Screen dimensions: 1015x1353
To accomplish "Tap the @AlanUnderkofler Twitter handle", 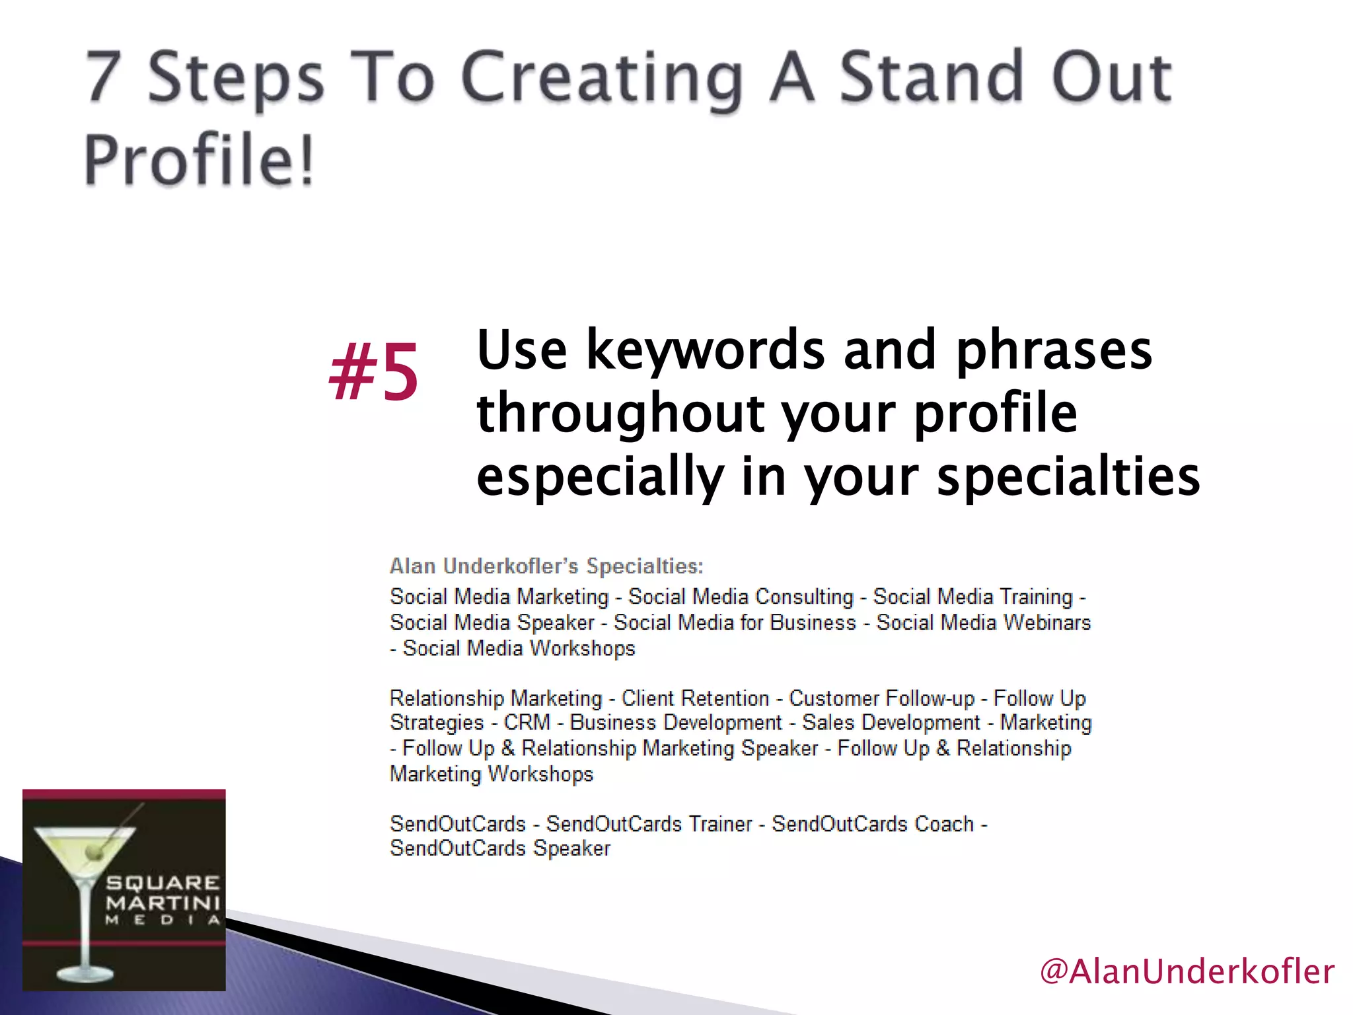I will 1187,971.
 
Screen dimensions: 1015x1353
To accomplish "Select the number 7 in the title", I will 104,77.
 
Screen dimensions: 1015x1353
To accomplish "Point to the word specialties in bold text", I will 1068,476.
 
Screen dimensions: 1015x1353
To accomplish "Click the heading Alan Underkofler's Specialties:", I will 546,566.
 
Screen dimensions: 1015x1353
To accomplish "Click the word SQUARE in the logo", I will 163,883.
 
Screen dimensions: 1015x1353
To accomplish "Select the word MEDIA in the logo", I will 163,920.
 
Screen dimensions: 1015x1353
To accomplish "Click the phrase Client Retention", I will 695,698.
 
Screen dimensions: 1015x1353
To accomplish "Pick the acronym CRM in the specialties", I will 527,722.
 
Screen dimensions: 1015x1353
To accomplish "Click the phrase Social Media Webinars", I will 983,622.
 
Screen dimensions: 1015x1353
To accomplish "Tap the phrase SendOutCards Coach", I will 873,824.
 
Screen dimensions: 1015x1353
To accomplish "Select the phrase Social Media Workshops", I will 519,648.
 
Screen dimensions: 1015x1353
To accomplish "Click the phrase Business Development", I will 676,722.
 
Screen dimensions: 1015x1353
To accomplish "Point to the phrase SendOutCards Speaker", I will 500,848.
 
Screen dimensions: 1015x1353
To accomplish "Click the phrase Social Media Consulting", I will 741,597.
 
